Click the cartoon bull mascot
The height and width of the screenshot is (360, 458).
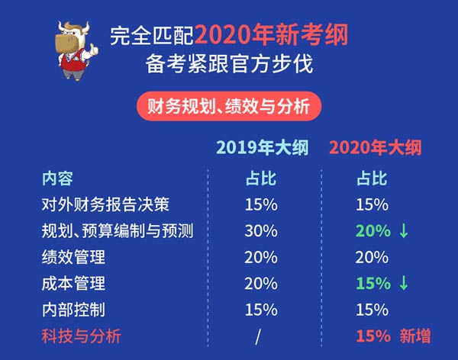[x=77, y=50]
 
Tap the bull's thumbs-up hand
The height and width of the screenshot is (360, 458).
[x=93, y=50]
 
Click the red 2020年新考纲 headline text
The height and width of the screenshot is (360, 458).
[x=272, y=35]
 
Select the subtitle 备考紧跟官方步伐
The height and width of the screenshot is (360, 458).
[x=229, y=64]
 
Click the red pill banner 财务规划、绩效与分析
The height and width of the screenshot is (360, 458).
[x=229, y=106]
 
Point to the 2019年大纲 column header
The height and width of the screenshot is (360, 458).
[x=263, y=147]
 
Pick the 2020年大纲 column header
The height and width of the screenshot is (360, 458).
[x=376, y=147]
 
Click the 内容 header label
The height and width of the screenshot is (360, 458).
[x=57, y=178]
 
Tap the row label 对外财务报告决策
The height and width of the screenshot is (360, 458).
[x=105, y=204]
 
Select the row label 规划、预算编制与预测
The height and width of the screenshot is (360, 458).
[x=118, y=230]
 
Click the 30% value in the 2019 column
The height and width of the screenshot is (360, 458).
[x=261, y=231]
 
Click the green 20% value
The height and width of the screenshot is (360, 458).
[x=373, y=231]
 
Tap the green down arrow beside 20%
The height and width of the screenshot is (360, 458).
[x=404, y=230]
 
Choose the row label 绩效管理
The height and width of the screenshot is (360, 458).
[x=73, y=257]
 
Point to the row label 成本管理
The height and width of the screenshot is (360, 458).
[x=73, y=283]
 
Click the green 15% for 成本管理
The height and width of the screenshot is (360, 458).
[x=373, y=283]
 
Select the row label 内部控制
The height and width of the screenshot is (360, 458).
[x=73, y=310]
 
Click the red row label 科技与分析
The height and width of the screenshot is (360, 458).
[x=81, y=336]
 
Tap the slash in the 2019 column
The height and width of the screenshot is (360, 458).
[x=258, y=336]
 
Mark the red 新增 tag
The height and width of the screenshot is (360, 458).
[x=415, y=336]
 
